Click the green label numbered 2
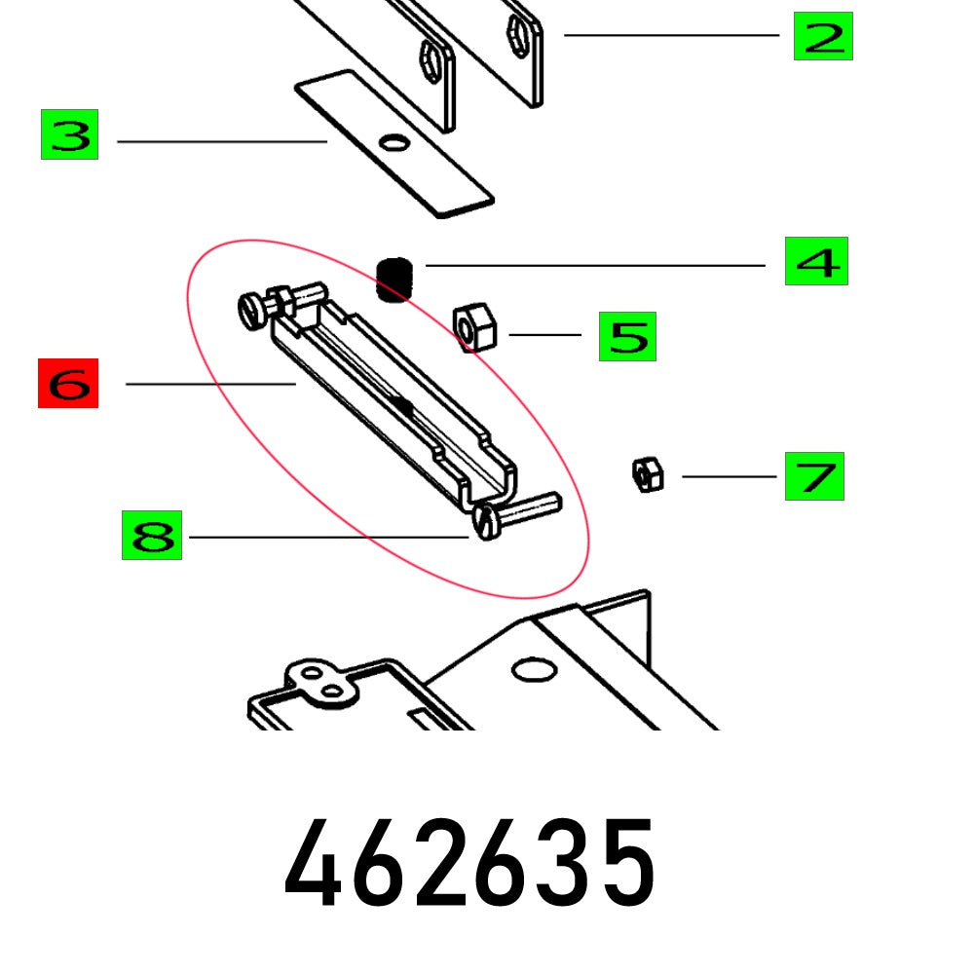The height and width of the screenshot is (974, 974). click(823, 37)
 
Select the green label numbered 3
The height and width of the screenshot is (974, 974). click(69, 135)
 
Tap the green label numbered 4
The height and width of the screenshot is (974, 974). click(816, 261)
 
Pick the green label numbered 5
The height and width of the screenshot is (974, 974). click(627, 336)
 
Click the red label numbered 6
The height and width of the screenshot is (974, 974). click(68, 383)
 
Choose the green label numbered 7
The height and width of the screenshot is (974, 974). click(814, 476)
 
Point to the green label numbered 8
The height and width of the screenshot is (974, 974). click(152, 535)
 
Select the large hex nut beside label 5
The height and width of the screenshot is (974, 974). click(475, 326)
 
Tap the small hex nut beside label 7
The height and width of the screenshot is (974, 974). click(647, 474)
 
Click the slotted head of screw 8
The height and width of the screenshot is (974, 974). click(486, 523)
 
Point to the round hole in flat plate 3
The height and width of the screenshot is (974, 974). click(394, 144)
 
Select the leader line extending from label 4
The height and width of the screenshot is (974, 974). click(594, 265)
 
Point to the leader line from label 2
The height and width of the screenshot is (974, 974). click(672, 35)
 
